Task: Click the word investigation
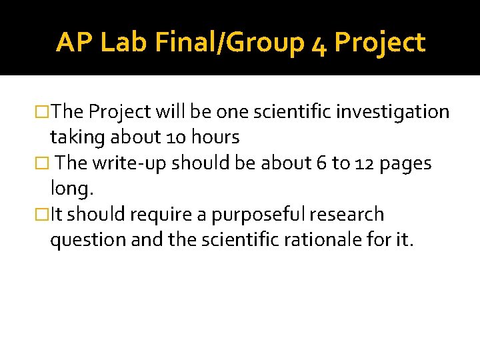pos(394,112)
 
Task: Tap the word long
pos(72,190)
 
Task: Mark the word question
pos(87,241)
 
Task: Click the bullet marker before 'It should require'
pos(43,215)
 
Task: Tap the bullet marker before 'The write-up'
pos(43,163)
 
